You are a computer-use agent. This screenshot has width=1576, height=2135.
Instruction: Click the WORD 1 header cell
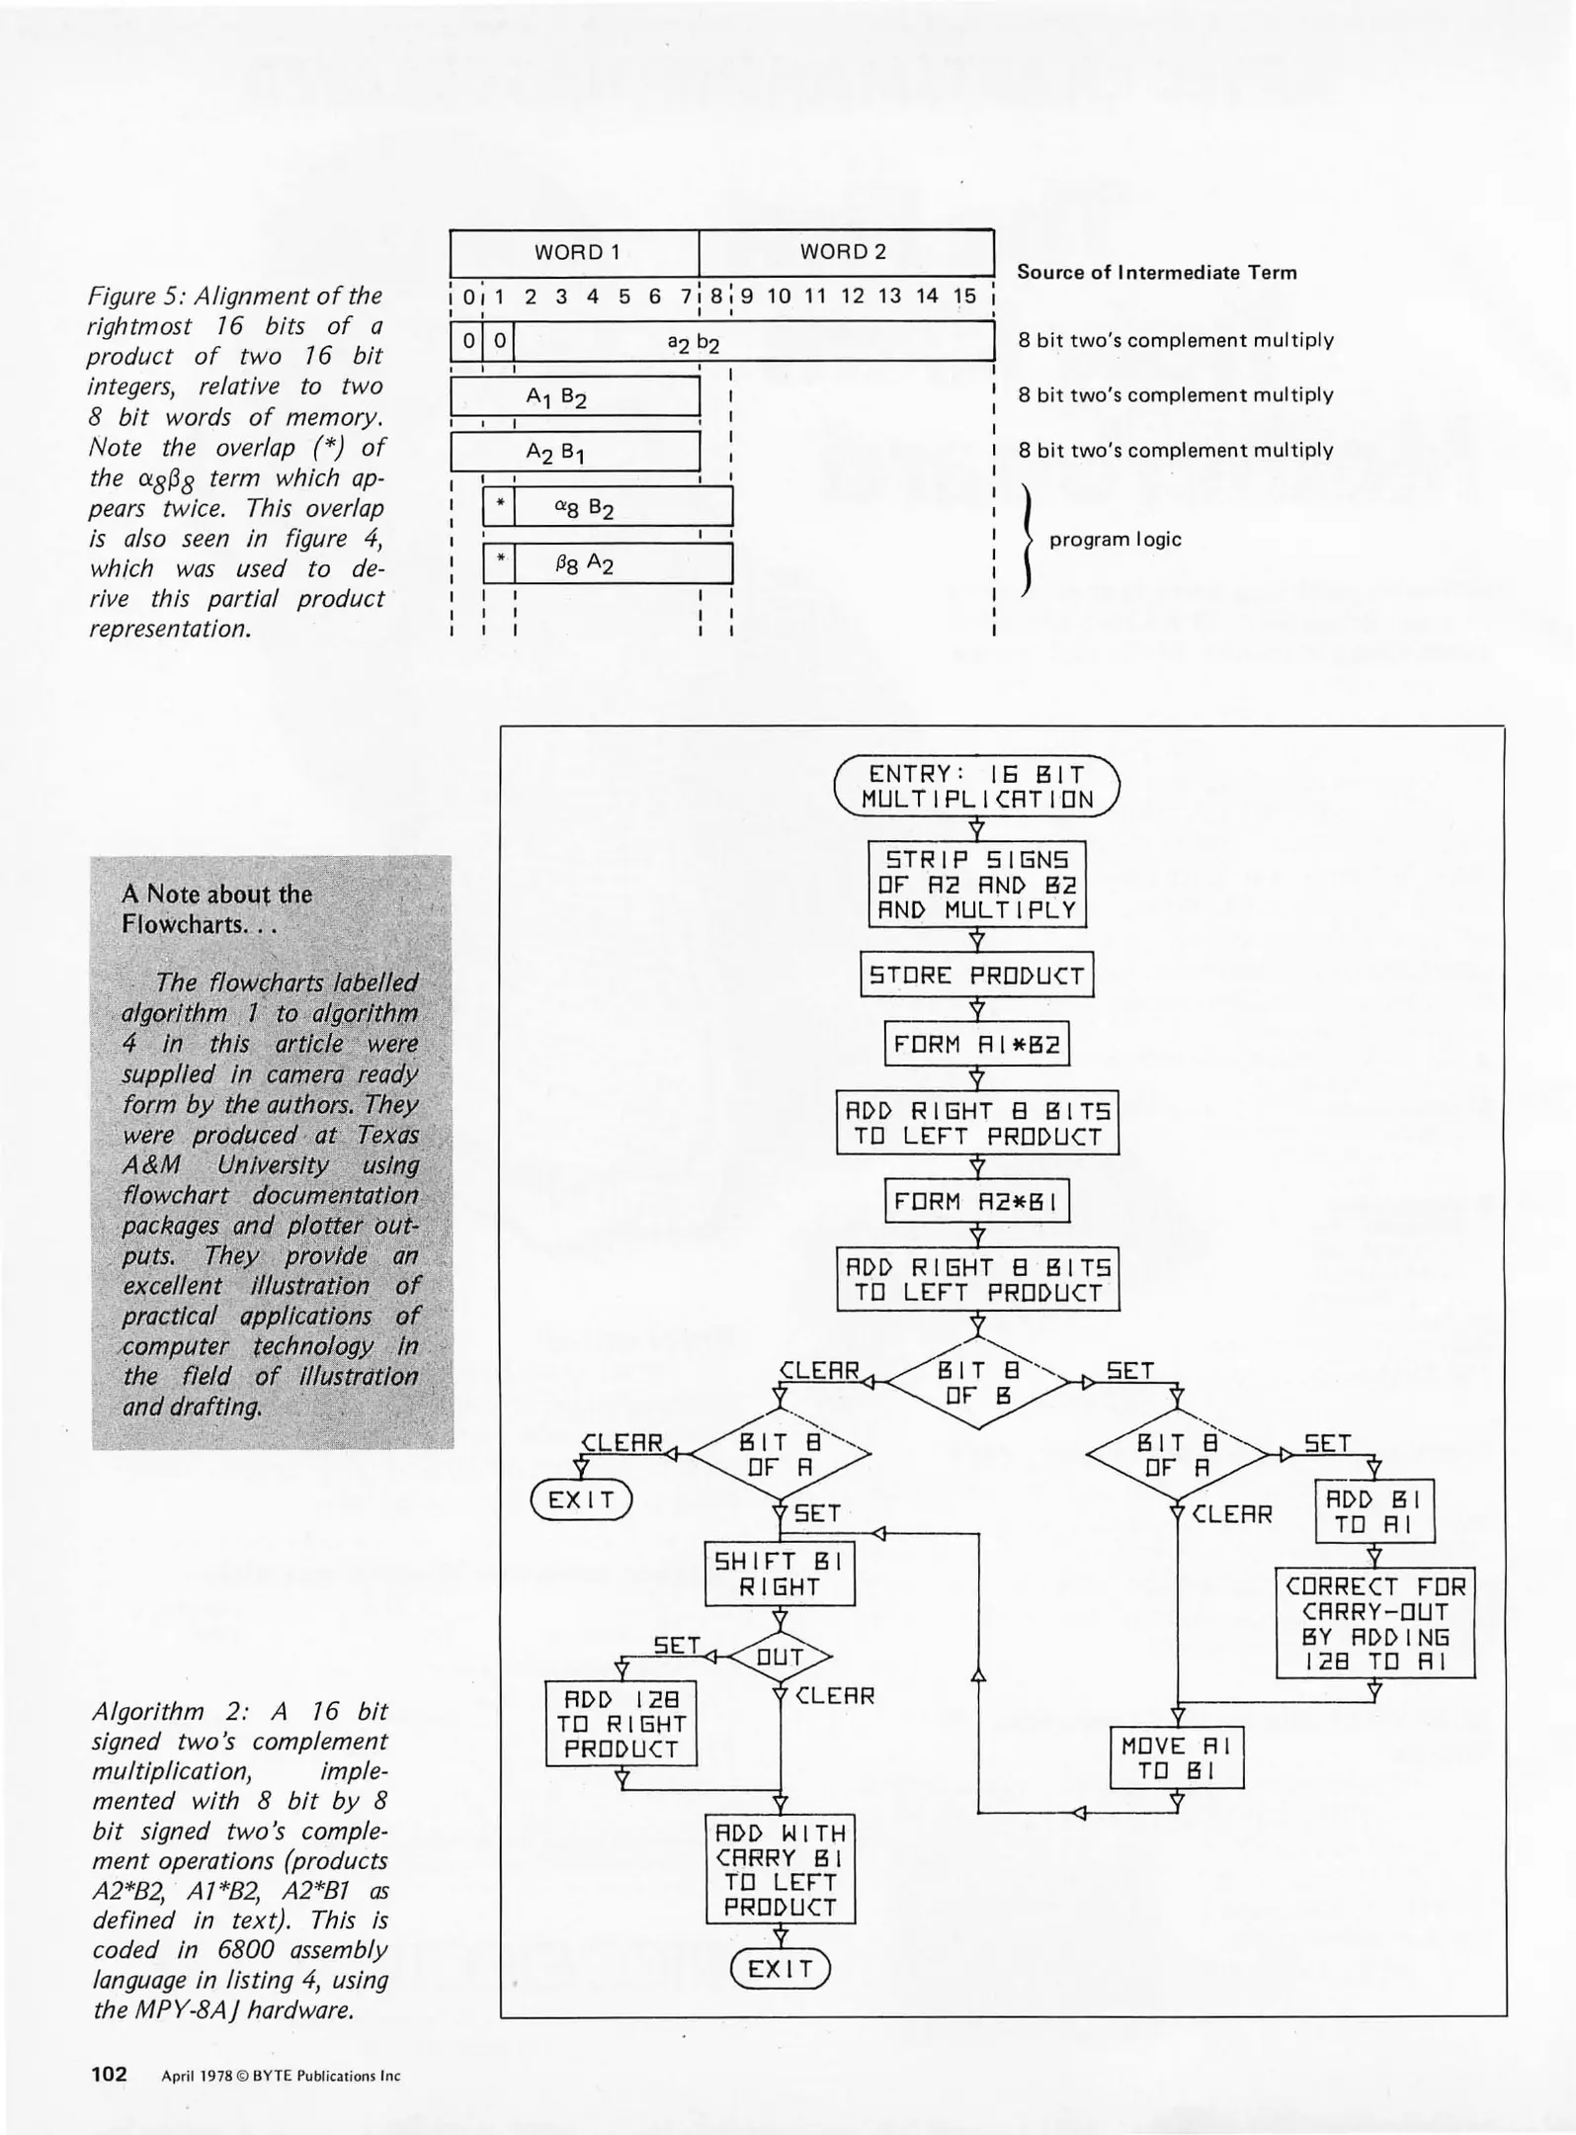(575, 253)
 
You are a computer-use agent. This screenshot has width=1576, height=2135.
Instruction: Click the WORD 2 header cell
(845, 253)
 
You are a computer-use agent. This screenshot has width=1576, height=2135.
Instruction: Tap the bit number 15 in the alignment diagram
(963, 297)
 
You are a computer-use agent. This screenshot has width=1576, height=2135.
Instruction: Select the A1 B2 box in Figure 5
(575, 397)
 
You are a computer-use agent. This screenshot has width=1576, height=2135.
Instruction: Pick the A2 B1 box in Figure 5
(575, 453)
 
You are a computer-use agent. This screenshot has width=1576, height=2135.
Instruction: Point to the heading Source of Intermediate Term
(1156, 273)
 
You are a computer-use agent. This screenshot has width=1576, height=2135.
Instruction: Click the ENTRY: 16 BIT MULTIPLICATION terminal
(977, 787)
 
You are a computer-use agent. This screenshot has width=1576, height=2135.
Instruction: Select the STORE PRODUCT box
(977, 976)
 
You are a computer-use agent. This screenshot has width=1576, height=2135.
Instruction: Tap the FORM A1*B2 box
(977, 1045)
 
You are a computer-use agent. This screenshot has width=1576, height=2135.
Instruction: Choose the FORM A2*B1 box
(977, 1202)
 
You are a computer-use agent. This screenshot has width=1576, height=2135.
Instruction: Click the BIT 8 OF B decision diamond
(977, 1383)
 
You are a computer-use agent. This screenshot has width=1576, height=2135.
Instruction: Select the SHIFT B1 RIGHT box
(780, 1575)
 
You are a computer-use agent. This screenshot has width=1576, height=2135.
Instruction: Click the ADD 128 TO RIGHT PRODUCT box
(622, 1724)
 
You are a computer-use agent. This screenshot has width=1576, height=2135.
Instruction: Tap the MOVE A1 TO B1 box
(1177, 1758)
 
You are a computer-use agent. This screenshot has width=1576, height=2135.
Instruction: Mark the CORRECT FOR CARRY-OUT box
(1374, 1623)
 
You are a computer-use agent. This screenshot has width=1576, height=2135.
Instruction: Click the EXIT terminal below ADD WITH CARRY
(780, 1969)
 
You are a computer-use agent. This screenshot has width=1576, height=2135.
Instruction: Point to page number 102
(109, 2074)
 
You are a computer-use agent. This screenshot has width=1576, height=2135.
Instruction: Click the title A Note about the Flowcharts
(216, 909)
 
